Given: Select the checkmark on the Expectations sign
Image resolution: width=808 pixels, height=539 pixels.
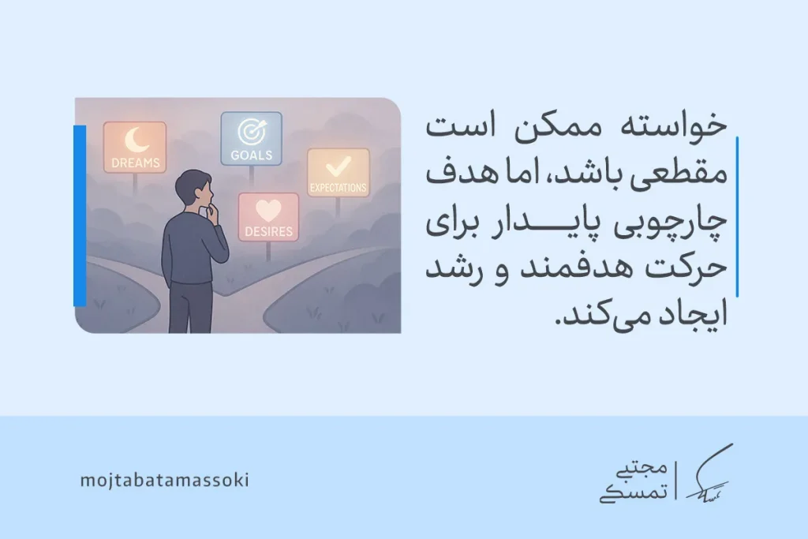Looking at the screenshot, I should (x=338, y=166).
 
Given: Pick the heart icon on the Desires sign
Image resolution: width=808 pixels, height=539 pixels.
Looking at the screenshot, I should (x=268, y=211).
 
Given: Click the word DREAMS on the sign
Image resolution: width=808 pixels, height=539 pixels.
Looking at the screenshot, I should (x=135, y=163).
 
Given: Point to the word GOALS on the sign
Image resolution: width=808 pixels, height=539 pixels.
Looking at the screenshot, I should (x=250, y=155).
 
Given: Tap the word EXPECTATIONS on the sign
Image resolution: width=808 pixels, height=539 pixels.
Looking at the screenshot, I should (x=338, y=188).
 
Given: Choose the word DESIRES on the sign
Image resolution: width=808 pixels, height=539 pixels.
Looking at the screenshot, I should (x=268, y=232).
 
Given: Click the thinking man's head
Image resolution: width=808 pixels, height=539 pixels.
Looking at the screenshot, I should (x=193, y=189).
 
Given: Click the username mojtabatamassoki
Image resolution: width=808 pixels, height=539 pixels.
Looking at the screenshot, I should (x=164, y=480).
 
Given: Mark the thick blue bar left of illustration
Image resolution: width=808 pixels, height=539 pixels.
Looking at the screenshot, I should (x=80, y=215).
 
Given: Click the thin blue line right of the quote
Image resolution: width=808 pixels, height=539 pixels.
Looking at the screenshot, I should (x=737, y=216).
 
